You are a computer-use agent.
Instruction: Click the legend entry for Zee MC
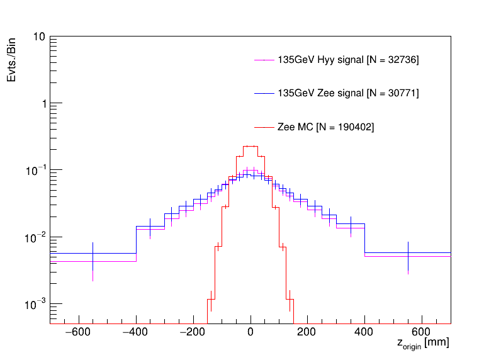(x=325, y=127)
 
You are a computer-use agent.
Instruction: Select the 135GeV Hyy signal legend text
(x=348, y=60)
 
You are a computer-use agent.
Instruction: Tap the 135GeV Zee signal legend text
(x=348, y=94)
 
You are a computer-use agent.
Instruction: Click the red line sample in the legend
(x=265, y=127)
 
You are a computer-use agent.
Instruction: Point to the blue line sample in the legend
(x=265, y=94)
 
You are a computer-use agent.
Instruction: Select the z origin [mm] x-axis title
(x=423, y=344)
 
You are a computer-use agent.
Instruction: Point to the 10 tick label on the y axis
(x=38, y=37)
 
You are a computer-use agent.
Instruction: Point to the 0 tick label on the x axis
(x=250, y=332)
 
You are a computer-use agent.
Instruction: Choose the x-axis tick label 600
(x=422, y=332)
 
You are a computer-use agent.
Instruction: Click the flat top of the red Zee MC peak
(x=250, y=146)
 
